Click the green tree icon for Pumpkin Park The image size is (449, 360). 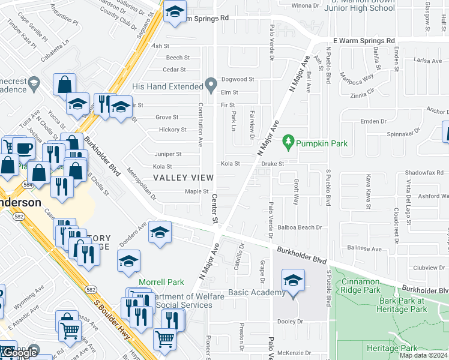click(x=289, y=142)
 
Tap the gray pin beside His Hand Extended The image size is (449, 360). click(x=210, y=84)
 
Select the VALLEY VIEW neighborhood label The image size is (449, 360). click(x=183, y=178)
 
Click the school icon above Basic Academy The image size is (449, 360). click(x=292, y=281)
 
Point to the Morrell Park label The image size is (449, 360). click(x=161, y=282)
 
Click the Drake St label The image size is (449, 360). click(x=272, y=163)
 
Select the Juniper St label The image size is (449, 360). click(x=167, y=154)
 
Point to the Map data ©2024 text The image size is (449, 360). click(x=423, y=355)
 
